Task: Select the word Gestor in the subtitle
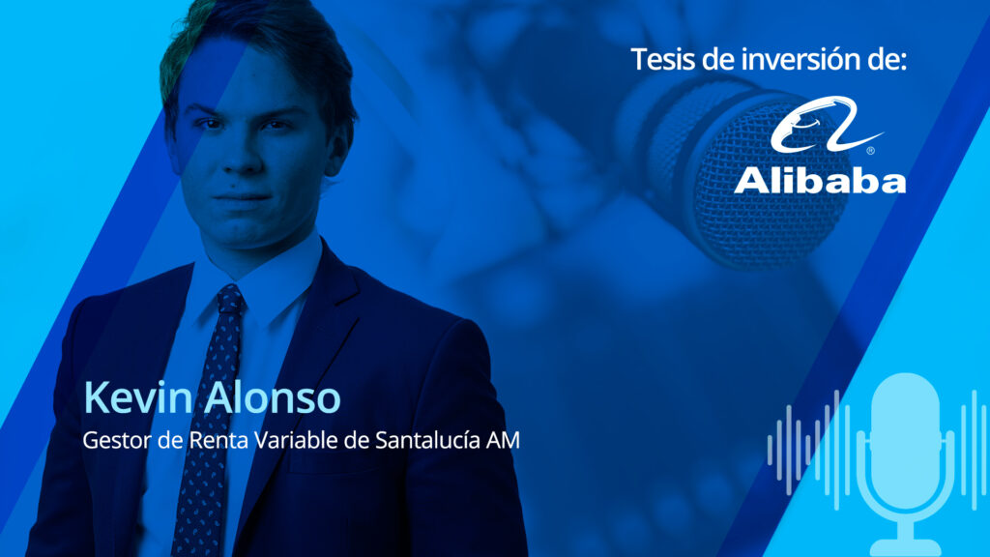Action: pyautogui.click(x=117, y=440)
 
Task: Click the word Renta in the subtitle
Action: pyautogui.click(x=219, y=440)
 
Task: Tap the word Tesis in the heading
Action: pyautogui.click(x=663, y=59)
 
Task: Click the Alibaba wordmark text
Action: pyautogui.click(x=820, y=180)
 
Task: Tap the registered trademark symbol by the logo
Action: pyautogui.click(x=871, y=150)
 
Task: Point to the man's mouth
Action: pyautogui.click(x=242, y=198)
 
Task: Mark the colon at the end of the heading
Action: pyautogui.click(x=903, y=62)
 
